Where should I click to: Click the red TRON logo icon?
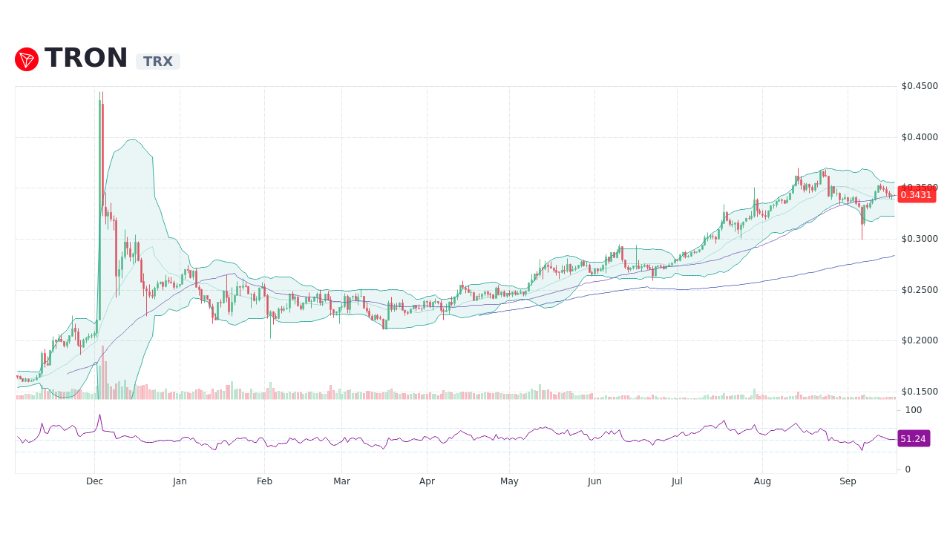click(27, 59)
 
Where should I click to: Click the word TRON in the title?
click(86, 59)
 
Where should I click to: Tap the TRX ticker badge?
click(157, 62)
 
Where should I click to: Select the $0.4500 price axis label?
click(920, 86)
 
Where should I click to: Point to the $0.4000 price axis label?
click(920, 137)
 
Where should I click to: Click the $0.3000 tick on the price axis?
click(920, 239)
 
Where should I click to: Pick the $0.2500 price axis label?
click(920, 290)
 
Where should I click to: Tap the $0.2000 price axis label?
click(920, 340)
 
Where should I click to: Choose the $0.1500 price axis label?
click(920, 392)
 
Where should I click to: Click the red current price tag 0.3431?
click(916, 195)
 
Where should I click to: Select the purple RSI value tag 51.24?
click(913, 439)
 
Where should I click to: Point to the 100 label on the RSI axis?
click(913, 410)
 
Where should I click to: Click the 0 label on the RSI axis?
click(907, 469)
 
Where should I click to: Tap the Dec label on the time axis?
click(94, 481)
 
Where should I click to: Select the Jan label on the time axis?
click(180, 481)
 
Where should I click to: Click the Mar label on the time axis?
click(341, 481)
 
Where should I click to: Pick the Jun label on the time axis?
click(594, 481)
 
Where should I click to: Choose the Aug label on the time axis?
click(762, 481)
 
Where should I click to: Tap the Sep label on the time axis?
click(848, 481)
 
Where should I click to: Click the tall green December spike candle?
click(99, 208)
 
